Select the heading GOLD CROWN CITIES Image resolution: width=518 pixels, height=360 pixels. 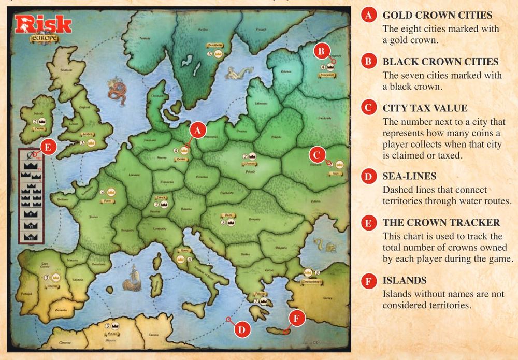pyautogui.click(x=437, y=15)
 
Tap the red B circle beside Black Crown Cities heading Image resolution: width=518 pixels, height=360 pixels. pyautogui.click(x=368, y=62)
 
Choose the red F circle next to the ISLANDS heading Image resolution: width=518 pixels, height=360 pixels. pyautogui.click(x=368, y=281)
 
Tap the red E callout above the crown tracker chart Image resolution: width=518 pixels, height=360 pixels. pyautogui.click(x=48, y=147)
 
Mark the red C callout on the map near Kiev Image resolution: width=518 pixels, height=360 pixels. pyautogui.click(x=317, y=154)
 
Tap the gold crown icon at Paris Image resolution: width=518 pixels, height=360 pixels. pyautogui.click(x=111, y=192)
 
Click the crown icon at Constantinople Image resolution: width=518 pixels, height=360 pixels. pyautogui.click(x=309, y=273)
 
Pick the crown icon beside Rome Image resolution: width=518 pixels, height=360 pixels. pyautogui.click(x=181, y=259)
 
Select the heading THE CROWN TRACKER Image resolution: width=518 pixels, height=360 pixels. pyautogui.click(x=441, y=223)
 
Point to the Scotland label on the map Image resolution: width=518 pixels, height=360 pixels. pyautogui.click(x=65, y=72)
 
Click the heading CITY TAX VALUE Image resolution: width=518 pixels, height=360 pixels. pyautogui.click(x=425, y=108)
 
